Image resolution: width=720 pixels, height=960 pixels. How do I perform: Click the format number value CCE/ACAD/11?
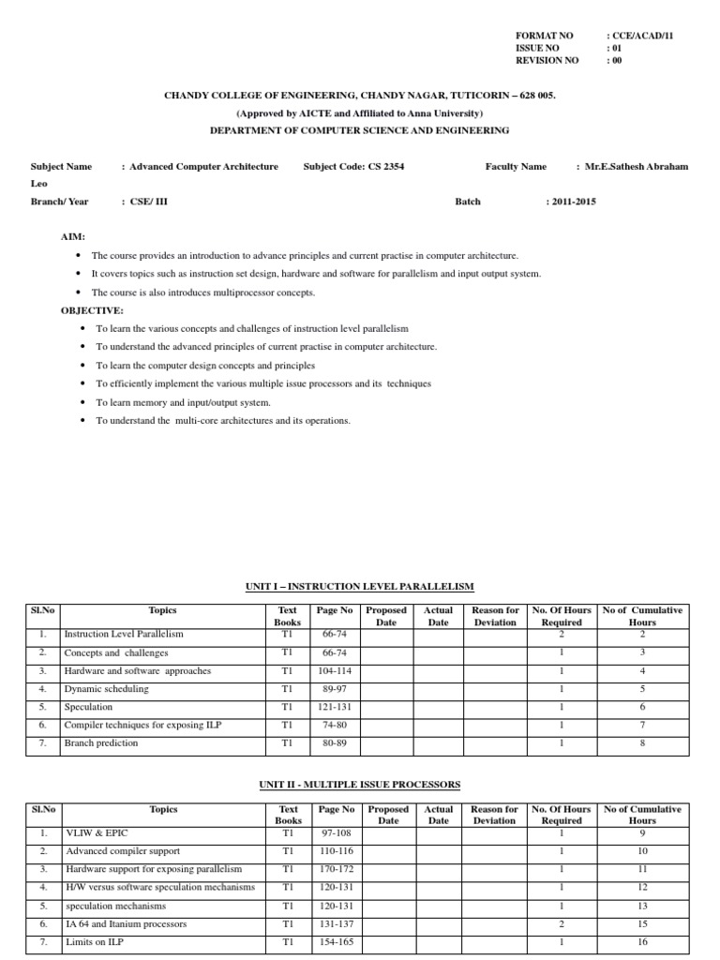[643, 35]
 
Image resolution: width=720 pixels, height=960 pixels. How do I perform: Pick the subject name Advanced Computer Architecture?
[203, 167]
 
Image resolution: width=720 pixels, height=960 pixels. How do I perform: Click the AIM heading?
[73, 237]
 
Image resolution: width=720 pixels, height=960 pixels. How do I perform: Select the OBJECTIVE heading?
[92, 309]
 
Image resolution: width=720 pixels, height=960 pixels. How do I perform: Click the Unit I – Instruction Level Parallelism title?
[359, 586]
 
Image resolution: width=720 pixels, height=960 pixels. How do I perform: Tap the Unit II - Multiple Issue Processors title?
[359, 784]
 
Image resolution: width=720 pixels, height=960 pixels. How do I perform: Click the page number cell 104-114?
[334, 671]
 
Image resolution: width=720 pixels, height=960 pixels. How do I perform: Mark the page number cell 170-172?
[335, 869]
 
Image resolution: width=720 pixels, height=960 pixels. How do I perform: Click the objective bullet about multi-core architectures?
[223, 421]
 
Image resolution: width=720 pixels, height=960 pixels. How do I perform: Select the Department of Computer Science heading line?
[359, 130]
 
